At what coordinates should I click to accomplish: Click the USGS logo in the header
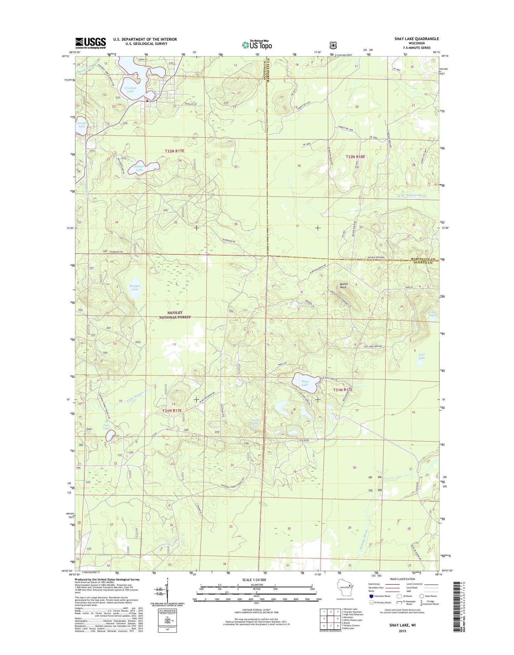[x=90, y=43]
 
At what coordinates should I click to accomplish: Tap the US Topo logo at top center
[x=257, y=45]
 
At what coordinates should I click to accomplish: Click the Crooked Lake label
[x=130, y=90]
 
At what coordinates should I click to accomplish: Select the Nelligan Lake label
[x=139, y=168]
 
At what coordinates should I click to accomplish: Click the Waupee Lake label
[x=135, y=287]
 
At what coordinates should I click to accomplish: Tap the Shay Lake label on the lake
[x=305, y=383]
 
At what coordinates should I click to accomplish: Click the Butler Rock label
[x=344, y=285]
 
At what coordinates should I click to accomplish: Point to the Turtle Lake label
[x=256, y=422]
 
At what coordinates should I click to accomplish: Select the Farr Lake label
[x=107, y=427]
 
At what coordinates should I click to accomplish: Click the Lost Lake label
[x=421, y=356]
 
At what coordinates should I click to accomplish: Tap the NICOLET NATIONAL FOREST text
[x=175, y=315]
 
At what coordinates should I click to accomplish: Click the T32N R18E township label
[x=355, y=157]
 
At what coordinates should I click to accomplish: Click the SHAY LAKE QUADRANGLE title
[x=416, y=39]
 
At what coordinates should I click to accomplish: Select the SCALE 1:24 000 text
[x=254, y=580]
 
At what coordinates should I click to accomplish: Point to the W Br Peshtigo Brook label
[x=412, y=196]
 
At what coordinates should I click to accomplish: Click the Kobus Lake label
[x=432, y=313]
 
